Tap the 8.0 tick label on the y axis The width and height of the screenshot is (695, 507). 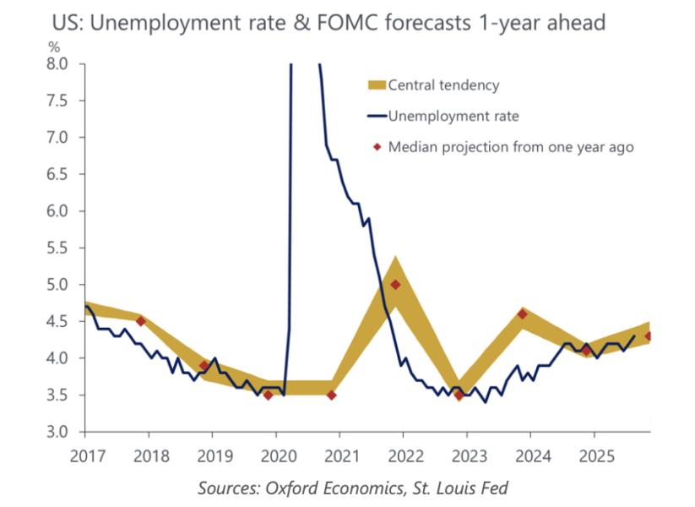tap(68, 63)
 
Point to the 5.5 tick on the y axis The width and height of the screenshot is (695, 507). tap(68, 248)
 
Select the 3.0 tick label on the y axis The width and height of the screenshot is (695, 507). tap(68, 432)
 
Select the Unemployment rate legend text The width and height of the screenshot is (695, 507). tap(453, 116)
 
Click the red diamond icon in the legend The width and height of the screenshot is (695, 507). tap(376, 147)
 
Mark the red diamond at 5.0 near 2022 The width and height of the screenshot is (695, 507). tap(395, 285)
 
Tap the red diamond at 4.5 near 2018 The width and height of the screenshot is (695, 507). tap(141, 321)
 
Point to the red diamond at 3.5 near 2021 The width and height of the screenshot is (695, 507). tap(332, 395)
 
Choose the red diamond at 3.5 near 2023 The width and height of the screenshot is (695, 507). tap(459, 395)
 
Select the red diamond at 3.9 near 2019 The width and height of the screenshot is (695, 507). tap(204, 365)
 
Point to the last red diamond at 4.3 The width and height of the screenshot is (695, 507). tap(649, 336)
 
